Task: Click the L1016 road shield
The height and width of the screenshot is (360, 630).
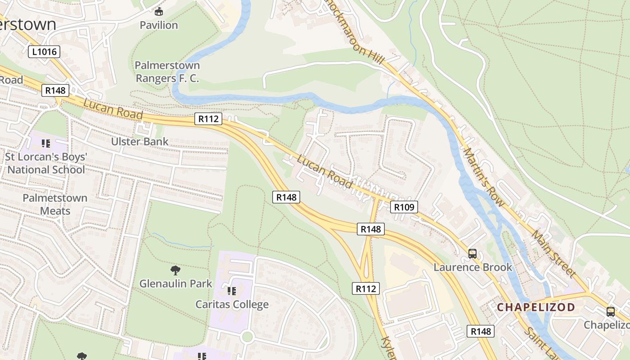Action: coord(45,52)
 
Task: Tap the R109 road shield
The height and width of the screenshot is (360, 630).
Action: coord(404,207)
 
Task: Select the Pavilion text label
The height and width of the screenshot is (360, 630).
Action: coord(158,25)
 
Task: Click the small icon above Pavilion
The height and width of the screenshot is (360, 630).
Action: coord(158,11)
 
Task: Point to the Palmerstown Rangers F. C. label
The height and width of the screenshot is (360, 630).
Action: coord(167,72)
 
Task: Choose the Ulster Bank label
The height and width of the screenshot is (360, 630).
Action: coord(139,141)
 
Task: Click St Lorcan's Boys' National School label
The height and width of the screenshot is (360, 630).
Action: coord(46,163)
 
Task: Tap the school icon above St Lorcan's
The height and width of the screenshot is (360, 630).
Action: coord(45,144)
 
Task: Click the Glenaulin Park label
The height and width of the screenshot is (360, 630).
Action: coord(175,283)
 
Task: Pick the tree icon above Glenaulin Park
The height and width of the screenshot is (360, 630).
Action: coord(175,270)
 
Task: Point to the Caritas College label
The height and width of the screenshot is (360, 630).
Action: coord(232,305)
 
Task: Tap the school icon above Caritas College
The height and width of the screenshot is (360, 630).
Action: coord(232,291)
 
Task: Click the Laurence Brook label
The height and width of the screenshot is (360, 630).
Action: coord(472,267)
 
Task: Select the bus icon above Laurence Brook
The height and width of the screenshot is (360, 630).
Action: coord(472,254)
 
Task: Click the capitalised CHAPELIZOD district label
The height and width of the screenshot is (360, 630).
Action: coord(535,307)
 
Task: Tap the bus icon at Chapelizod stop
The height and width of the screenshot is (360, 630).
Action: coord(611,311)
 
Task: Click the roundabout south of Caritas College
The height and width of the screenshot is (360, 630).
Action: coord(247,337)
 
